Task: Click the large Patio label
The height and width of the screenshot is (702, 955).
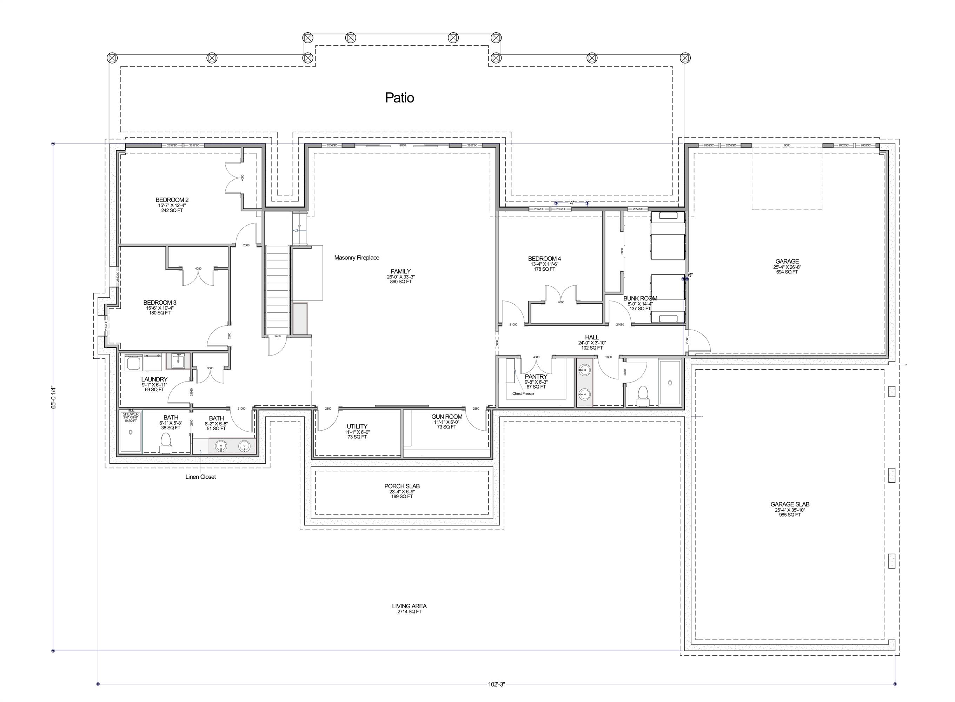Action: (399, 98)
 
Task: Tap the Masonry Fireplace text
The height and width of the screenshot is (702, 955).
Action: (357, 258)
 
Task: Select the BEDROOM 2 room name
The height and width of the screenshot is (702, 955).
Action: (172, 200)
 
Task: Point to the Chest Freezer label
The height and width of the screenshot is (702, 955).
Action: (523, 393)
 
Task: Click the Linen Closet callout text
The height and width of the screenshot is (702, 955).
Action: (200, 477)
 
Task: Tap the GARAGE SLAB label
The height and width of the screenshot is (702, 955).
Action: (790, 504)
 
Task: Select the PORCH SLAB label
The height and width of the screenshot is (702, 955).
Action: (402, 486)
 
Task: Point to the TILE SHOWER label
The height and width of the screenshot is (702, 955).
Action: (131, 412)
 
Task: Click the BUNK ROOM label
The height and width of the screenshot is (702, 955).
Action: (640, 298)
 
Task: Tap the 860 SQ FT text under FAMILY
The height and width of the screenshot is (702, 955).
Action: (400, 282)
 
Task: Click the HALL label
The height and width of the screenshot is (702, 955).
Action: (591, 337)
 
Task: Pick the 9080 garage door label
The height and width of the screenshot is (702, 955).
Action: (787, 145)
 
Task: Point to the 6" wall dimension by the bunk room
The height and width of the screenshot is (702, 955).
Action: (690, 275)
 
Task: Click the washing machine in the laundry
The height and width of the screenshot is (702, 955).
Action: (134, 364)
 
